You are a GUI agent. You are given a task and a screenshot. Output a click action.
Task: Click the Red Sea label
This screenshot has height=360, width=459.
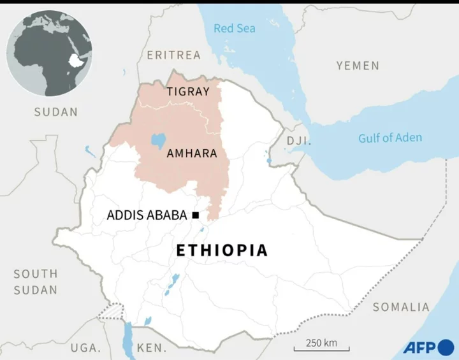pyautogui.click(x=235, y=28)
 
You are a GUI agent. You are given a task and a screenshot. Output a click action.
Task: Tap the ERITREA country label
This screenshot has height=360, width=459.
pyautogui.click(x=173, y=55)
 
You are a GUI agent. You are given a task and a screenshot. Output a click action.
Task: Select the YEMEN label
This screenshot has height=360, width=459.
pyautogui.click(x=358, y=66)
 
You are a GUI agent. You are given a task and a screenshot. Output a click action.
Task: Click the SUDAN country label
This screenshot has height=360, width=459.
pyautogui.click(x=56, y=112)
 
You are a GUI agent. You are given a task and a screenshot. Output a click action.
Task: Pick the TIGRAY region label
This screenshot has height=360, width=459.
pyautogui.click(x=188, y=92)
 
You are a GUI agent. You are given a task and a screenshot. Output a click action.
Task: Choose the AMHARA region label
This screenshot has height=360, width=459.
pyautogui.click(x=192, y=154)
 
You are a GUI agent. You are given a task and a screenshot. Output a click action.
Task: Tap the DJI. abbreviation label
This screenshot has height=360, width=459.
pyautogui.click(x=298, y=141)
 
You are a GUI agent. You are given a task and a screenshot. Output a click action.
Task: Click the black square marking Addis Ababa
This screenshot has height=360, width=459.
pyautogui.click(x=195, y=215)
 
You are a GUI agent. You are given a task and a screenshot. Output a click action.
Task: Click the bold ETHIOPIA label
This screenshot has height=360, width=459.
pyautogui.click(x=222, y=250)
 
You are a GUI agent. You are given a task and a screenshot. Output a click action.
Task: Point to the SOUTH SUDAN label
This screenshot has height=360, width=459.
pyautogui.click(x=36, y=282)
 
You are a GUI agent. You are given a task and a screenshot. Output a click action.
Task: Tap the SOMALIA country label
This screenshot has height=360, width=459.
pyautogui.click(x=401, y=307)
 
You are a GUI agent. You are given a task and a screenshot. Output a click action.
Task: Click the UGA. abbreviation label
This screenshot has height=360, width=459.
pyautogui.click(x=85, y=348)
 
